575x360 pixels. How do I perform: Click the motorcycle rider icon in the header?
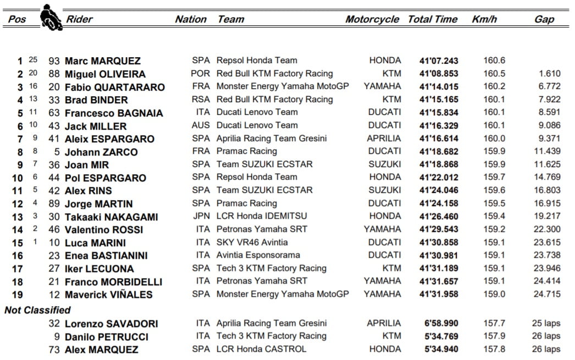click(x=51, y=17)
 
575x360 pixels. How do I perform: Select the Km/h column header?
click(x=484, y=19)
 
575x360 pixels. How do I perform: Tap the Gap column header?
click(x=544, y=19)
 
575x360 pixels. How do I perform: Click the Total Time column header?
click(x=433, y=19)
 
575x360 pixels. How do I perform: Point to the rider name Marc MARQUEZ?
click(x=102, y=61)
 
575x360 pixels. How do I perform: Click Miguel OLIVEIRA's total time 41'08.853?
click(x=438, y=74)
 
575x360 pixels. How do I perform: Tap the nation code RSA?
click(x=201, y=99)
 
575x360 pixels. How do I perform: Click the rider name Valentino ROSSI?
click(x=104, y=230)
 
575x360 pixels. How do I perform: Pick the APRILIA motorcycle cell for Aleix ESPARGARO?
click(x=384, y=139)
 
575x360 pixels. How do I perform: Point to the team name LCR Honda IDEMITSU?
click(x=262, y=216)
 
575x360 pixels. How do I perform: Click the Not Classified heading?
click(x=37, y=311)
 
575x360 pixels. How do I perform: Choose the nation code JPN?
click(x=201, y=216)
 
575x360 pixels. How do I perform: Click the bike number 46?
click(x=54, y=230)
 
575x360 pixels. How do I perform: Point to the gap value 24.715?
click(x=546, y=294)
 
